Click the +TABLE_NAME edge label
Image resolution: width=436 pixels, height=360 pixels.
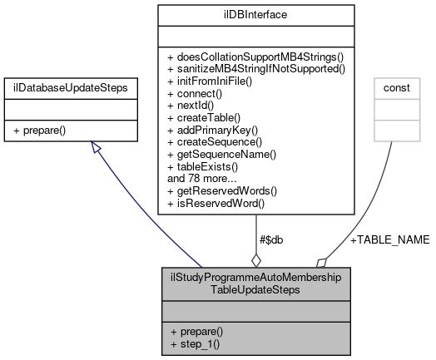(x=389, y=239)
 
